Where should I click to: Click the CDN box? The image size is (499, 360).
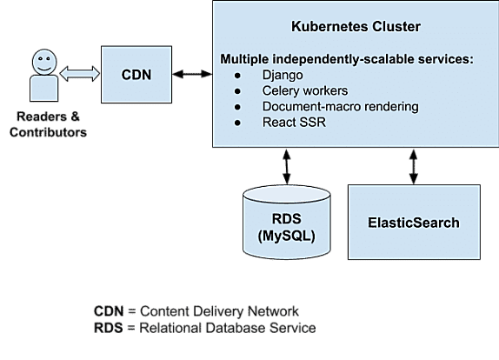(x=136, y=75)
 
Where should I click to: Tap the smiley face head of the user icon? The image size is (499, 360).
(x=44, y=62)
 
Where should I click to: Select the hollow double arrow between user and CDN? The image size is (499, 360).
(x=80, y=74)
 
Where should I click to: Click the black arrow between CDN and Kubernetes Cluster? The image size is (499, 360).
(x=192, y=74)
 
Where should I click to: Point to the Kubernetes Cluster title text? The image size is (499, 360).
(x=356, y=26)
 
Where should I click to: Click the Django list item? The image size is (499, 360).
(x=283, y=75)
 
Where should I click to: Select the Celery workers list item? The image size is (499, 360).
(x=305, y=90)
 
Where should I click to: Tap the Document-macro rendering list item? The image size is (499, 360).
(x=340, y=107)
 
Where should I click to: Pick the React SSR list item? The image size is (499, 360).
(x=294, y=123)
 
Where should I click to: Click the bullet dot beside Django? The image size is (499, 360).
(x=237, y=76)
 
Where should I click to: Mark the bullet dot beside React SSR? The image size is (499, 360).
(x=237, y=123)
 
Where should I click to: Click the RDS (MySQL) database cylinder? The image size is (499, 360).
(x=287, y=222)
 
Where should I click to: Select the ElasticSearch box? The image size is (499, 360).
(x=414, y=223)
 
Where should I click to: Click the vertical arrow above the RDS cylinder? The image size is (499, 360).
(x=287, y=166)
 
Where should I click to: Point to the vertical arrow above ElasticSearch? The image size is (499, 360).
(x=414, y=166)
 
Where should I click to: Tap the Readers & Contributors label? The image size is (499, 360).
(x=48, y=124)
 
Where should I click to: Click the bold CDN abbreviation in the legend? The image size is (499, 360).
(x=109, y=311)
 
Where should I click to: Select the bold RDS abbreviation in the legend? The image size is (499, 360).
(x=109, y=328)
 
